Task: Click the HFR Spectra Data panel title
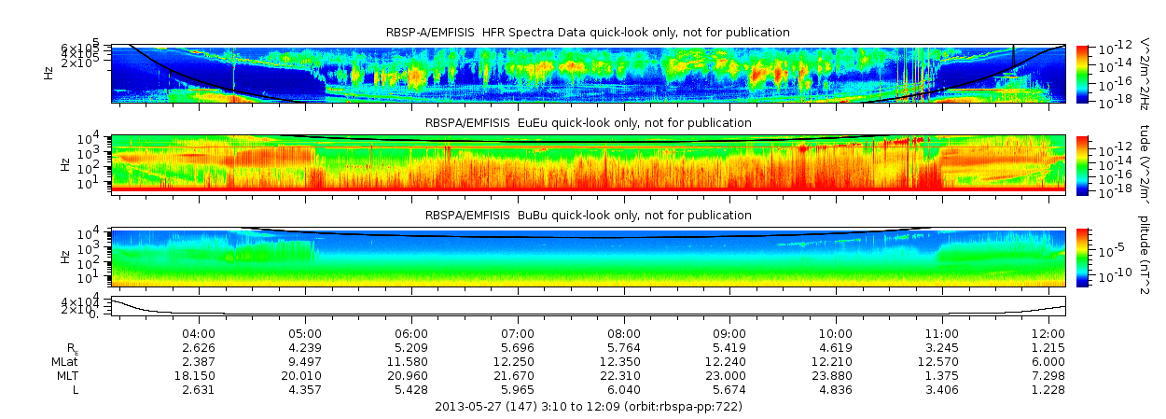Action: [588, 33]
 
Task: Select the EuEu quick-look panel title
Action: [588, 122]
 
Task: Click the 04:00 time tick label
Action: [199, 333]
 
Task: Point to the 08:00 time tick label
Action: [623, 333]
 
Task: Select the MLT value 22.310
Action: [623, 375]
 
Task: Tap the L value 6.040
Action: [623, 389]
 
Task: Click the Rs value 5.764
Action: [623, 347]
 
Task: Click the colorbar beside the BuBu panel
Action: [1082, 256]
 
